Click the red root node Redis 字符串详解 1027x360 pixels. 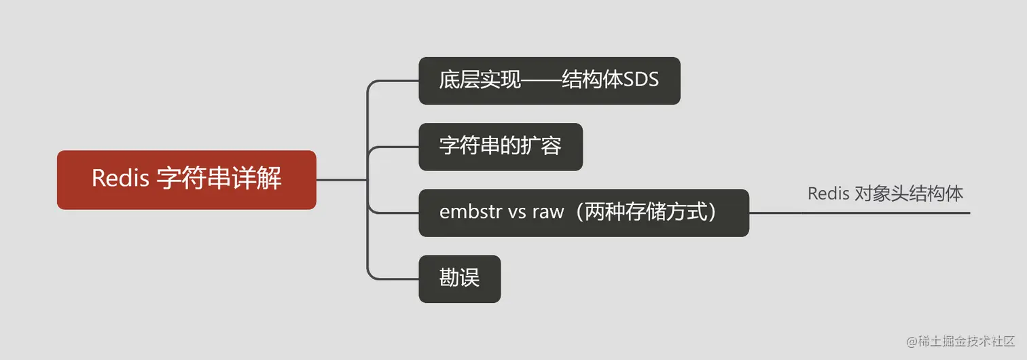[186, 180]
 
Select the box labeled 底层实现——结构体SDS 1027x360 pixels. [549, 81]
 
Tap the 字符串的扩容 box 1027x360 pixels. [500, 147]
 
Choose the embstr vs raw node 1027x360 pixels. [583, 213]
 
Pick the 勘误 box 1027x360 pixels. [459, 278]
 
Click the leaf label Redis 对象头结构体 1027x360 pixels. [885, 194]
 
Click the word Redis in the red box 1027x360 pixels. [120, 179]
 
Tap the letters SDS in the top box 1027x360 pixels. [641, 80]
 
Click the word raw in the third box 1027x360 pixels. [547, 212]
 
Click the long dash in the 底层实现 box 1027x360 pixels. [541, 81]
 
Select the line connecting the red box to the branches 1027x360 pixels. [341, 180]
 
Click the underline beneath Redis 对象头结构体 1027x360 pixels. [883, 213]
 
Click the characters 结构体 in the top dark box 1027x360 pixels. [592, 80]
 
